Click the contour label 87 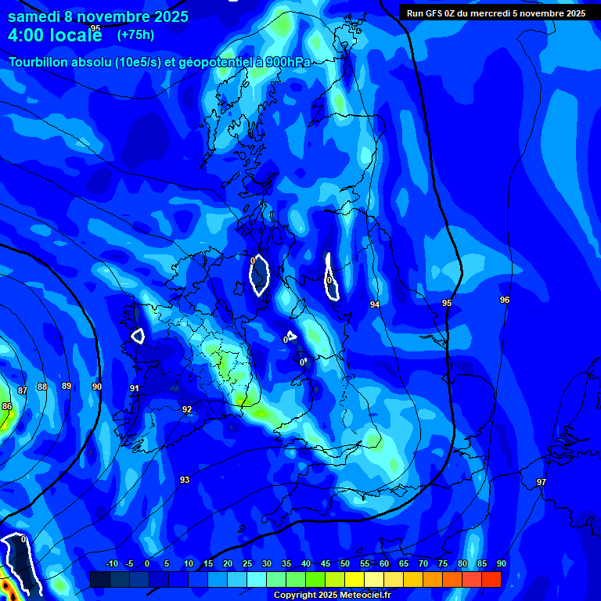(22, 390)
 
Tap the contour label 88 (42, 387)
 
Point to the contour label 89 (67, 386)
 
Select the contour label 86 (7, 406)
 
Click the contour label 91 (135, 388)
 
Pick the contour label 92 (187, 409)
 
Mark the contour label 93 (185, 480)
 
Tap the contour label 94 (375, 304)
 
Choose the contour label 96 (505, 300)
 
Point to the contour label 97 (542, 482)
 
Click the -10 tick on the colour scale (111, 563)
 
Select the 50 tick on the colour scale (345, 563)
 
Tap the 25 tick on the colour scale (247, 563)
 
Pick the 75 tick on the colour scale (443, 563)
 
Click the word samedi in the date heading (35, 16)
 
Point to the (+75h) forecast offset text (135, 34)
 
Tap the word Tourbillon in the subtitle (39, 63)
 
